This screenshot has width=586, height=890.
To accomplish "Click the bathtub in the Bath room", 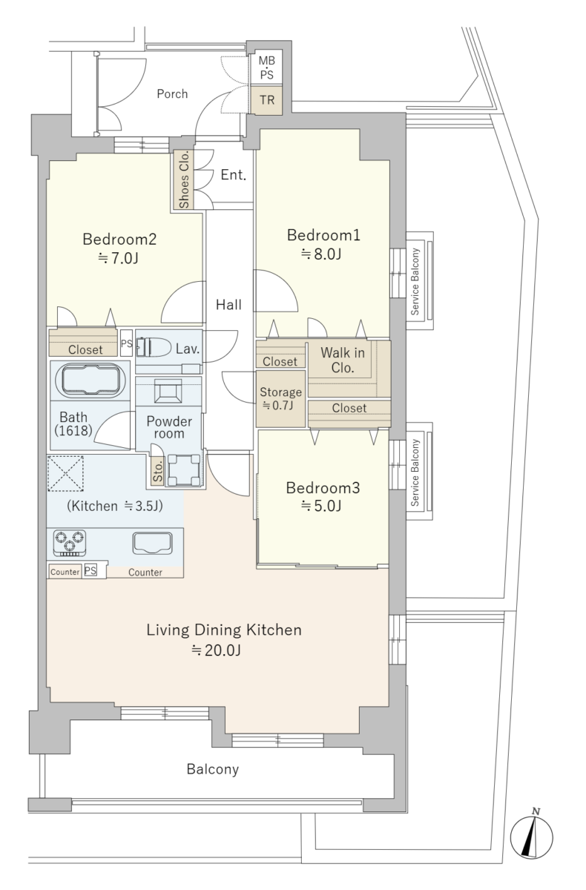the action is pos(90,380).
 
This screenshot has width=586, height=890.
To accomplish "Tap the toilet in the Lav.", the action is pos(154,348).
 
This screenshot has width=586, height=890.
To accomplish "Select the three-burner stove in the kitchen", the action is pos(70,543).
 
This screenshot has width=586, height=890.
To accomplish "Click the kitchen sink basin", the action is pos(152,543).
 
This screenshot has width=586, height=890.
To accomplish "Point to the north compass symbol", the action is pos(531,837).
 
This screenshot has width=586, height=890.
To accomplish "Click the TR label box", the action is pos(267,99).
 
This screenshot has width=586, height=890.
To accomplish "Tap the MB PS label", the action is pos(266,67).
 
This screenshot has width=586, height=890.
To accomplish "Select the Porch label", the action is pos(172,93).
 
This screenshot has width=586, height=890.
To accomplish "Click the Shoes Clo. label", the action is pos(184,179).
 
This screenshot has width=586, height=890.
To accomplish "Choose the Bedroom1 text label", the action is pos(323,235).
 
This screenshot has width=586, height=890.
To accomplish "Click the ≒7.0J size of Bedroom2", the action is pos(119,259).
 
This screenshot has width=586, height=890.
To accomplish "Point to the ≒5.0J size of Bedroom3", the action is pos(321,506).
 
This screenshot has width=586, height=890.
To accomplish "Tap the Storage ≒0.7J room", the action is pos(280,398).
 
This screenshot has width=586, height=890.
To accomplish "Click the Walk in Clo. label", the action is pos(343,360).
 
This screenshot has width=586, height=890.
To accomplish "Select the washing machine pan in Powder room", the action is pos(183,470).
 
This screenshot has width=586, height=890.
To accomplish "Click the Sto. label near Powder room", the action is pos(158,472).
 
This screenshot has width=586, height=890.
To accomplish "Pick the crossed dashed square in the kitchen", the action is pos(65,474).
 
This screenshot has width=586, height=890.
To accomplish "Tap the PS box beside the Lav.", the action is pos(126,343).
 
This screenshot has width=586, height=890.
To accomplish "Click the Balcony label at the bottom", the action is pos(213,769).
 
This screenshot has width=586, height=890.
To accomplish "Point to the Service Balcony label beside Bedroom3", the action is pos(415,472).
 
